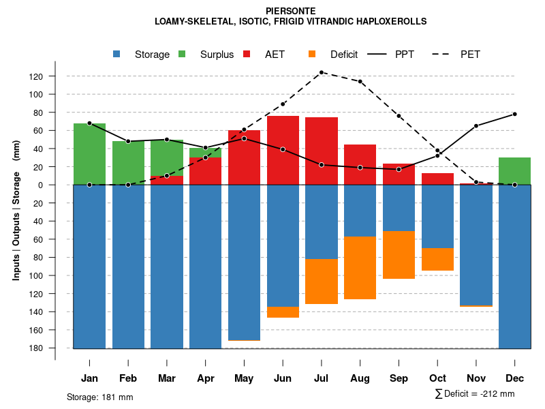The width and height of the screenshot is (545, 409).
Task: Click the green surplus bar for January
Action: [89, 154]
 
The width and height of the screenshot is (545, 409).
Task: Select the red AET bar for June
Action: [283, 150]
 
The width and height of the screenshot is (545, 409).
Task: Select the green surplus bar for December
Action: [514, 171]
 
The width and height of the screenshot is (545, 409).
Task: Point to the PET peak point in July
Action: [322, 72]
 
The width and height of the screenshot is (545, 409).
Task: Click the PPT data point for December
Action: [515, 114]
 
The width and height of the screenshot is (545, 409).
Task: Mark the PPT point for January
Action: [89, 123]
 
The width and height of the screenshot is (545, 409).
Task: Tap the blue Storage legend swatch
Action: [117, 55]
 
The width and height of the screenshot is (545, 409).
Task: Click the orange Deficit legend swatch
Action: [312, 55]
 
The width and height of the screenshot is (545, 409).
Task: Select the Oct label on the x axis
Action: [437, 378]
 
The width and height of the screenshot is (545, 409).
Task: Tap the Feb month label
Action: [128, 378]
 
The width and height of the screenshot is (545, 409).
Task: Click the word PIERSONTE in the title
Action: [290, 11]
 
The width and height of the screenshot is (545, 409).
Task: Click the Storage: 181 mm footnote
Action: [99, 397]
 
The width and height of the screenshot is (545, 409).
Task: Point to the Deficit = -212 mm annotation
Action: [474, 394]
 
